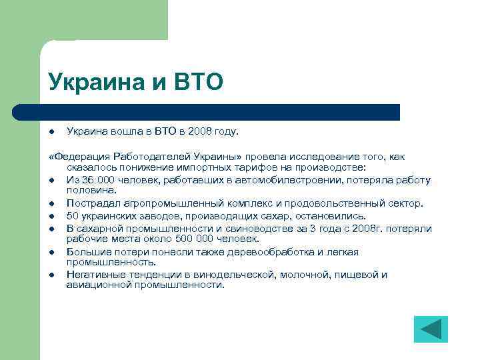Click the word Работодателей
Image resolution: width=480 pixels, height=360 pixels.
point(150,157)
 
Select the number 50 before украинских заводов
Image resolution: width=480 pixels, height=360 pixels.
point(73,215)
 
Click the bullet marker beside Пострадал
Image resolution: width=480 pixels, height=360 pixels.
point(51,203)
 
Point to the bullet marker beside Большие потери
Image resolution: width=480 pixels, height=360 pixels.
point(51,251)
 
